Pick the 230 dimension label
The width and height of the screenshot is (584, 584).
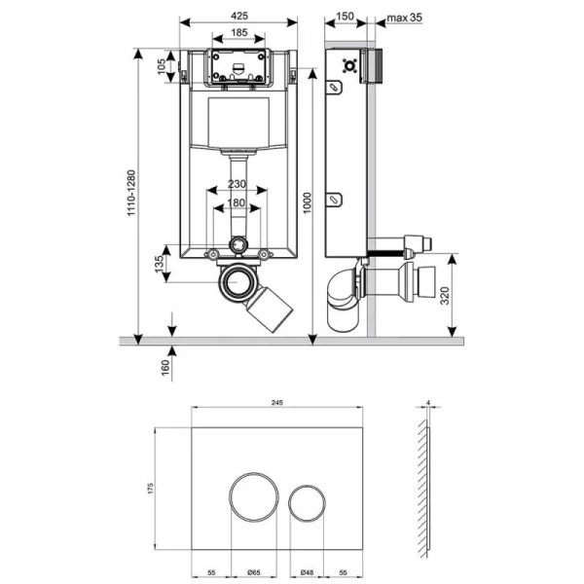coord(237,184)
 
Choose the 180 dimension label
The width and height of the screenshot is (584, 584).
coord(237,203)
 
